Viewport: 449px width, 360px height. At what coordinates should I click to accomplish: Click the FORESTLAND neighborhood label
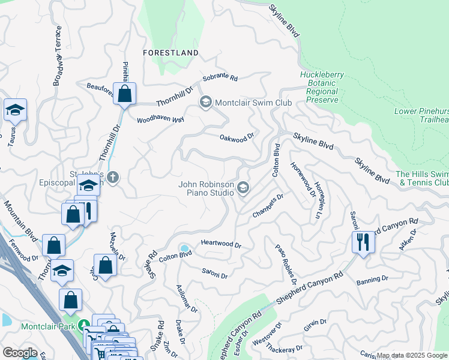click(x=170, y=53)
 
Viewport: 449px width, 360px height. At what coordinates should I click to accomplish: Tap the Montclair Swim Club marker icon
click(x=206, y=103)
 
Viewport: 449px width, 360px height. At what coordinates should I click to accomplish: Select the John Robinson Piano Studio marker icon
click(x=243, y=189)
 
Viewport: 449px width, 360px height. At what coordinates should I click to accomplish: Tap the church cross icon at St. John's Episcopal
click(x=113, y=177)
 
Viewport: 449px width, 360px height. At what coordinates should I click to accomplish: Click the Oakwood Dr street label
click(x=237, y=137)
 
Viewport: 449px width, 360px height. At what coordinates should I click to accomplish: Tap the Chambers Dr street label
click(x=267, y=205)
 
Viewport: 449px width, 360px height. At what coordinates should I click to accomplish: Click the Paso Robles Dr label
click(x=286, y=264)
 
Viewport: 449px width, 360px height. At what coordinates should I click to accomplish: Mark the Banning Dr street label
click(x=372, y=280)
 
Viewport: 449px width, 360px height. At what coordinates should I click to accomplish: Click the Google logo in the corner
click(x=20, y=353)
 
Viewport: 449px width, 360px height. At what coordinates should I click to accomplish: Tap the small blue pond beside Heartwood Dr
click(x=184, y=248)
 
